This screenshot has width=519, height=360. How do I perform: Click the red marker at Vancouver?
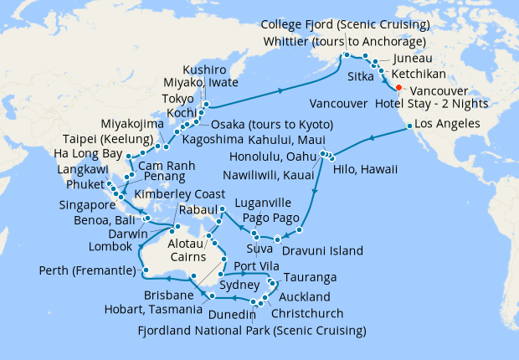click(398, 88)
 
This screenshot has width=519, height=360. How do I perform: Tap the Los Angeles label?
click(459, 124)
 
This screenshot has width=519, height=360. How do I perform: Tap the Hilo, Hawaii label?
click(368, 168)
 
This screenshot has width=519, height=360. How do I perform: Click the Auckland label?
click(298, 298)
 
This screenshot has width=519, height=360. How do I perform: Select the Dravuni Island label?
click(322, 250)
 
